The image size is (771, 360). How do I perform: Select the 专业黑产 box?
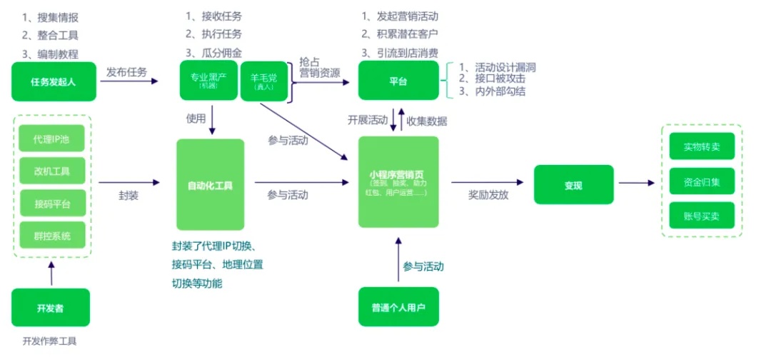(208, 81)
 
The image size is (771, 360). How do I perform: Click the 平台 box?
(398, 81)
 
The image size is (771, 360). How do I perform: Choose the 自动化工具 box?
(210, 185)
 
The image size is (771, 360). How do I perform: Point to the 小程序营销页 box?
(398, 182)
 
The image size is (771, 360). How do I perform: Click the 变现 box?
(573, 185)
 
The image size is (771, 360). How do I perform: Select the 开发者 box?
(51, 308)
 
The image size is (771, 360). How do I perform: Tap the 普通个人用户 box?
(398, 308)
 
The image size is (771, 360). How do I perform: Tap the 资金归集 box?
(702, 181)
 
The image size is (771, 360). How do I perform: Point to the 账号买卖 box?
(702, 216)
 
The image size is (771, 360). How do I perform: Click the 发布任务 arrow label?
(127, 72)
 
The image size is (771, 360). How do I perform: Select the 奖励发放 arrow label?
(488, 194)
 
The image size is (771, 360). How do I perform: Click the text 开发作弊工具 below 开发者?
(49, 341)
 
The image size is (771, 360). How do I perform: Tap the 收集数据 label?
(427, 121)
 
